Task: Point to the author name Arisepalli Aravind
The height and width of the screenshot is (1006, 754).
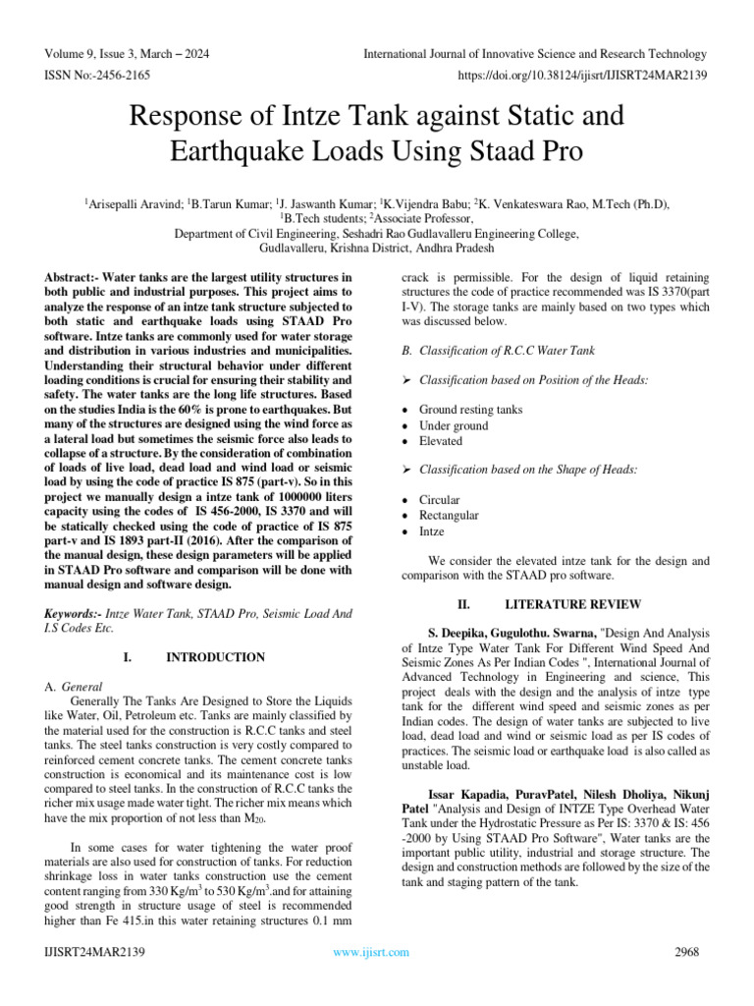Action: pyautogui.click(x=129, y=204)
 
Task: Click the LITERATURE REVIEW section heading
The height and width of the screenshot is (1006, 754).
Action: pyautogui.click(x=572, y=604)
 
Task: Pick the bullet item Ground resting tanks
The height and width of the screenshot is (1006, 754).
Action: pyautogui.click(x=470, y=410)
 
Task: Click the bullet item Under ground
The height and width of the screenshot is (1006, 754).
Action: pyautogui.click(x=453, y=425)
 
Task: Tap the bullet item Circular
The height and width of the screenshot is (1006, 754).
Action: pyautogui.click(x=439, y=500)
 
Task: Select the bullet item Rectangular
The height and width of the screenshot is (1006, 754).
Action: pyautogui.click(x=449, y=516)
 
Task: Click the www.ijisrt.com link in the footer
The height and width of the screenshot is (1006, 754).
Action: pyautogui.click(x=371, y=952)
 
